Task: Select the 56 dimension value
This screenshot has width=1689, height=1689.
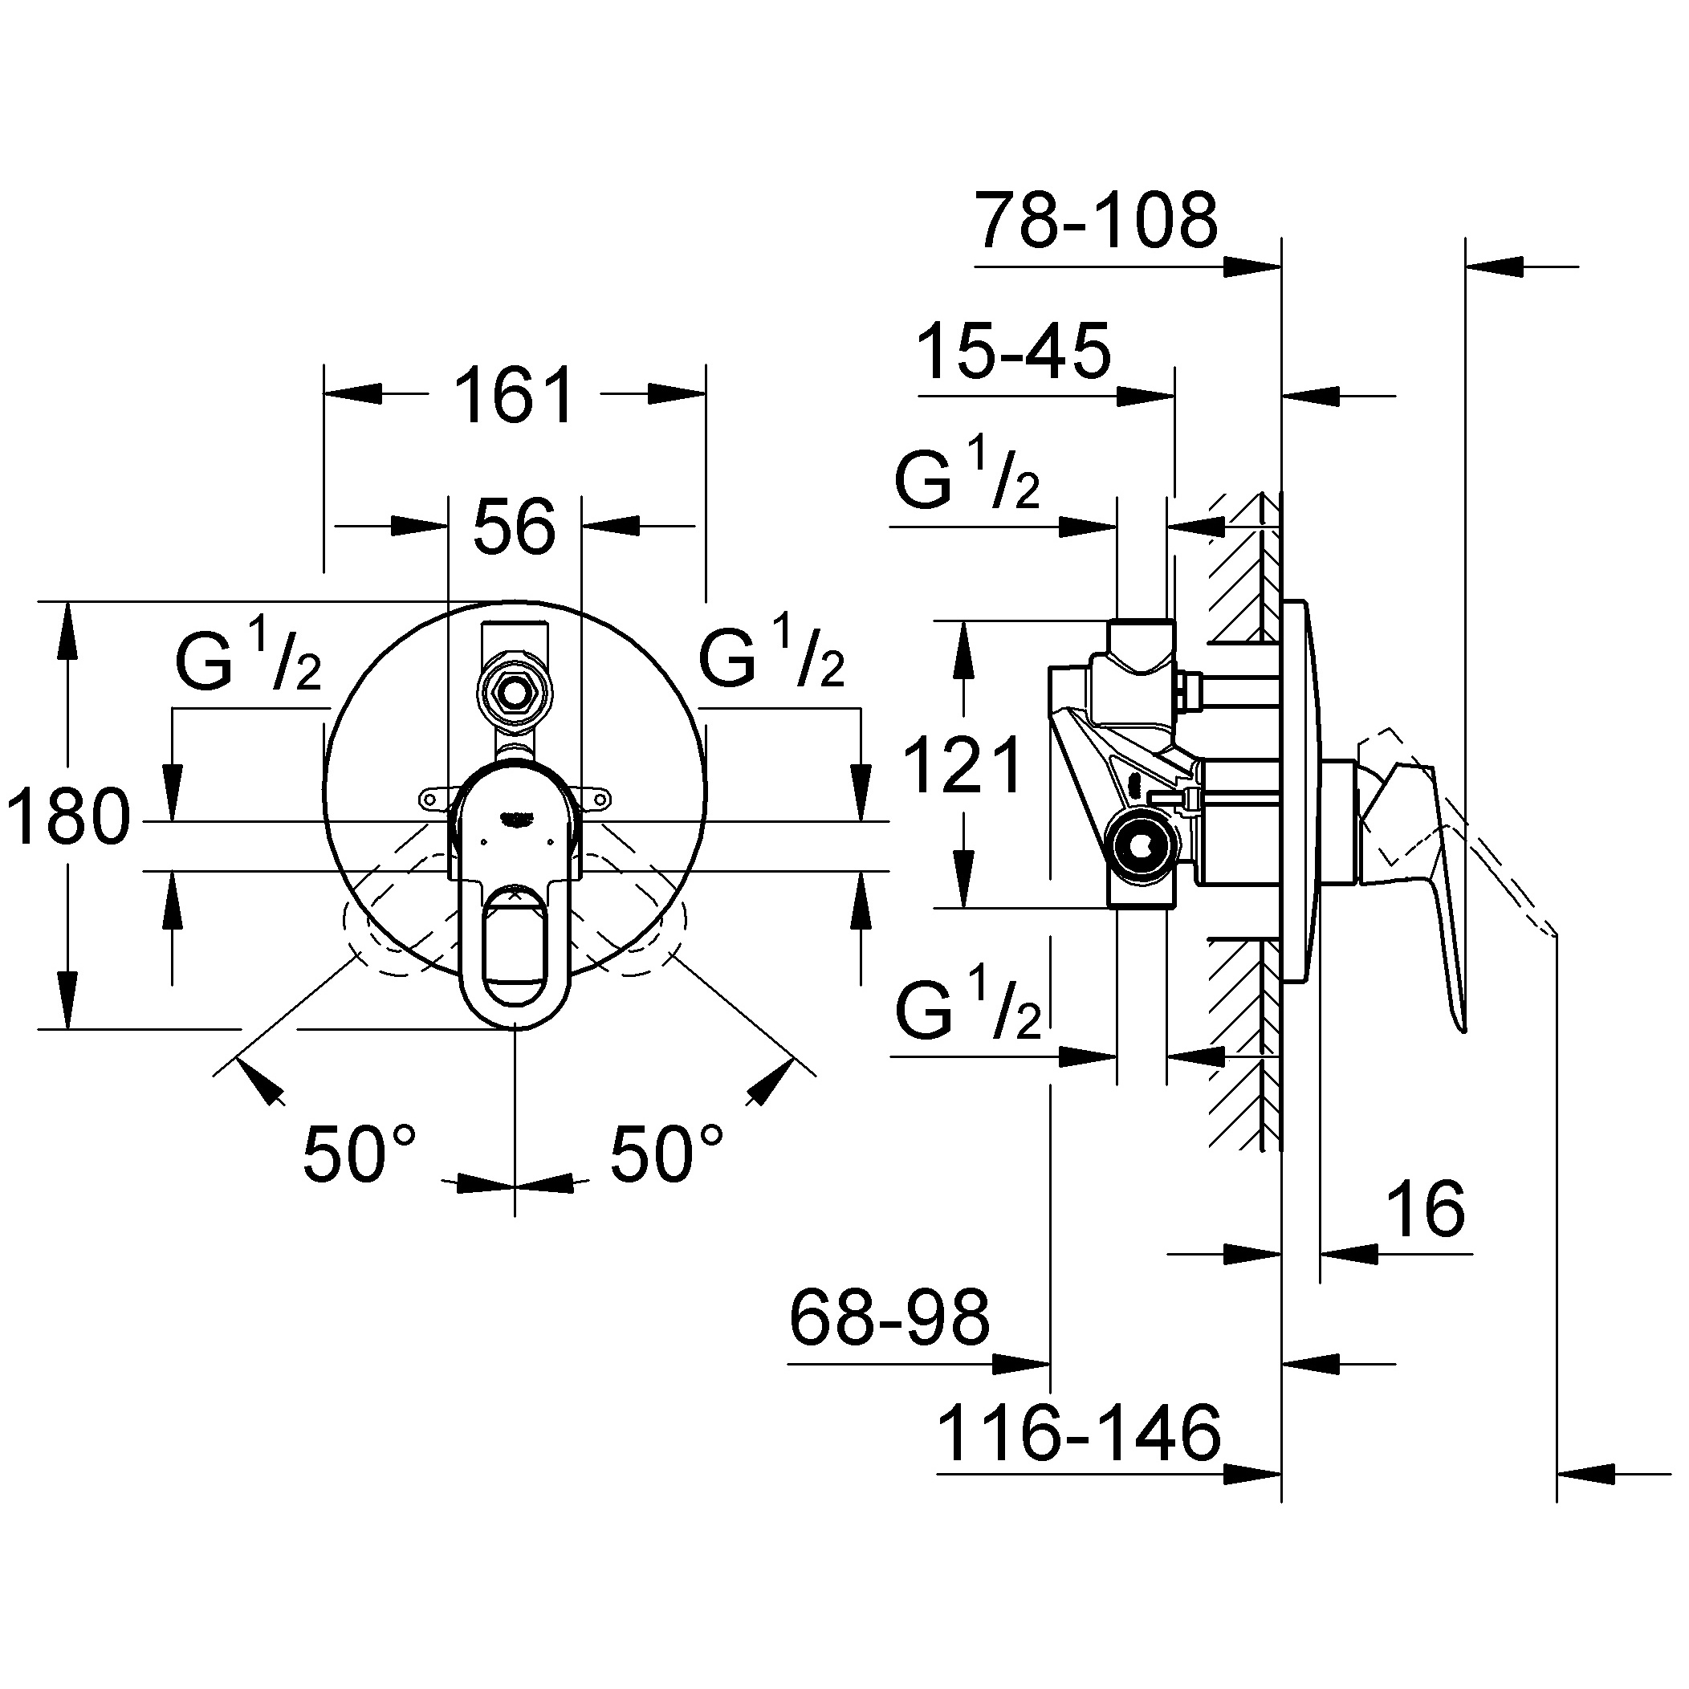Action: click(514, 527)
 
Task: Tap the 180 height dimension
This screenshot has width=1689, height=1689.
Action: click(67, 816)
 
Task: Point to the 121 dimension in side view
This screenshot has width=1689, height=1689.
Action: click(962, 766)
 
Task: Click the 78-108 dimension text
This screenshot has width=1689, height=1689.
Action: click(1097, 222)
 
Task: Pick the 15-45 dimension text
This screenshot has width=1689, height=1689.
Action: click(1013, 352)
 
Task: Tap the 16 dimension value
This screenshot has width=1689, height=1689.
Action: click(1426, 1209)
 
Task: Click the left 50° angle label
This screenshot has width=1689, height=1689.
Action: click(360, 1153)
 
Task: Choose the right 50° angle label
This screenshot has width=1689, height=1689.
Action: click(666, 1153)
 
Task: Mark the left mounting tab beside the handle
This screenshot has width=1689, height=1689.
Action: click(433, 796)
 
